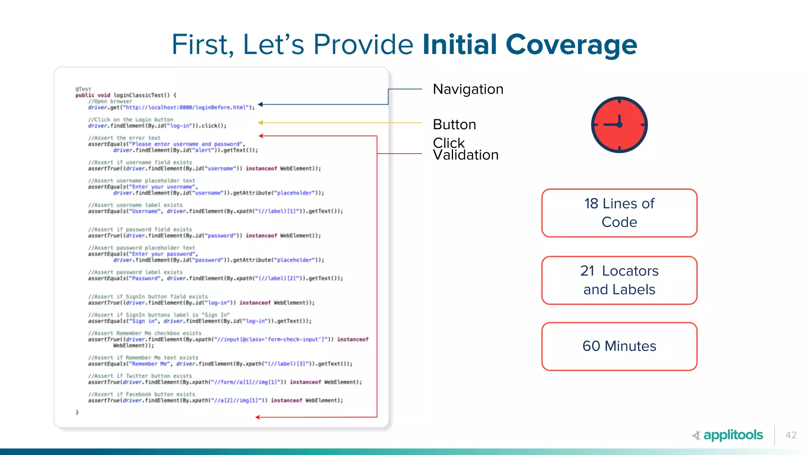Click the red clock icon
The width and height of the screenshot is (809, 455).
click(619, 124)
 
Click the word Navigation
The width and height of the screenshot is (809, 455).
click(468, 89)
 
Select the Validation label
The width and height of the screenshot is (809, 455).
click(466, 155)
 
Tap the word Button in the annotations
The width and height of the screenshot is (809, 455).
click(454, 125)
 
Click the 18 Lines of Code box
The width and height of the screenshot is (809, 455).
click(619, 213)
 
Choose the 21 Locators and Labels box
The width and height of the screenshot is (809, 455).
click(619, 280)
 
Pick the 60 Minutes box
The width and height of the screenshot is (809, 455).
click(619, 346)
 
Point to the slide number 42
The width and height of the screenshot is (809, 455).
click(791, 435)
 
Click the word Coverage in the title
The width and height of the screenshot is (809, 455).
click(571, 44)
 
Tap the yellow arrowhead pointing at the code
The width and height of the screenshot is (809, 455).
click(261, 123)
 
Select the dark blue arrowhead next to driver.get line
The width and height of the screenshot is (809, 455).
click(260, 105)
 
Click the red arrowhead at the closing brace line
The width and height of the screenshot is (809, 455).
click(258, 417)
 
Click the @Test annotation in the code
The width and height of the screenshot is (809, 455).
click(83, 89)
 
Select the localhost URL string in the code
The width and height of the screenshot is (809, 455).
click(186, 107)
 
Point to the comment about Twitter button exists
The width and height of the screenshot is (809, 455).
click(140, 376)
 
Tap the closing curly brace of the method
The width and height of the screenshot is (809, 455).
click(77, 412)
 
